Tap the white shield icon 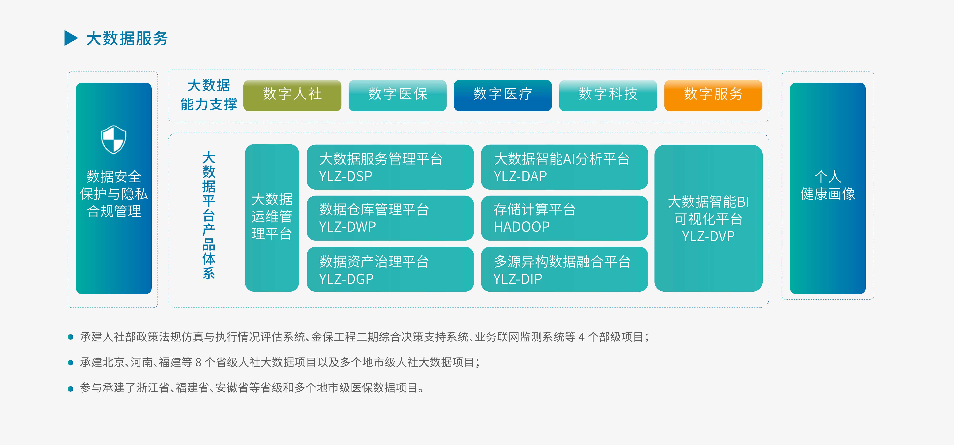point(114,140)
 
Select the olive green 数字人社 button point(292,96)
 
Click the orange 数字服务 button point(713,96)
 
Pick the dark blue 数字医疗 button point(502,96)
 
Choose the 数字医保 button point(397,96)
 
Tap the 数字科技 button point(608,96)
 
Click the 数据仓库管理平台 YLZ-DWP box point(390,218)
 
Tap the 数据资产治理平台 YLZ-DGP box point(390,269)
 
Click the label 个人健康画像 point(828,185)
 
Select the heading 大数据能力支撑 point(209,95)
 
